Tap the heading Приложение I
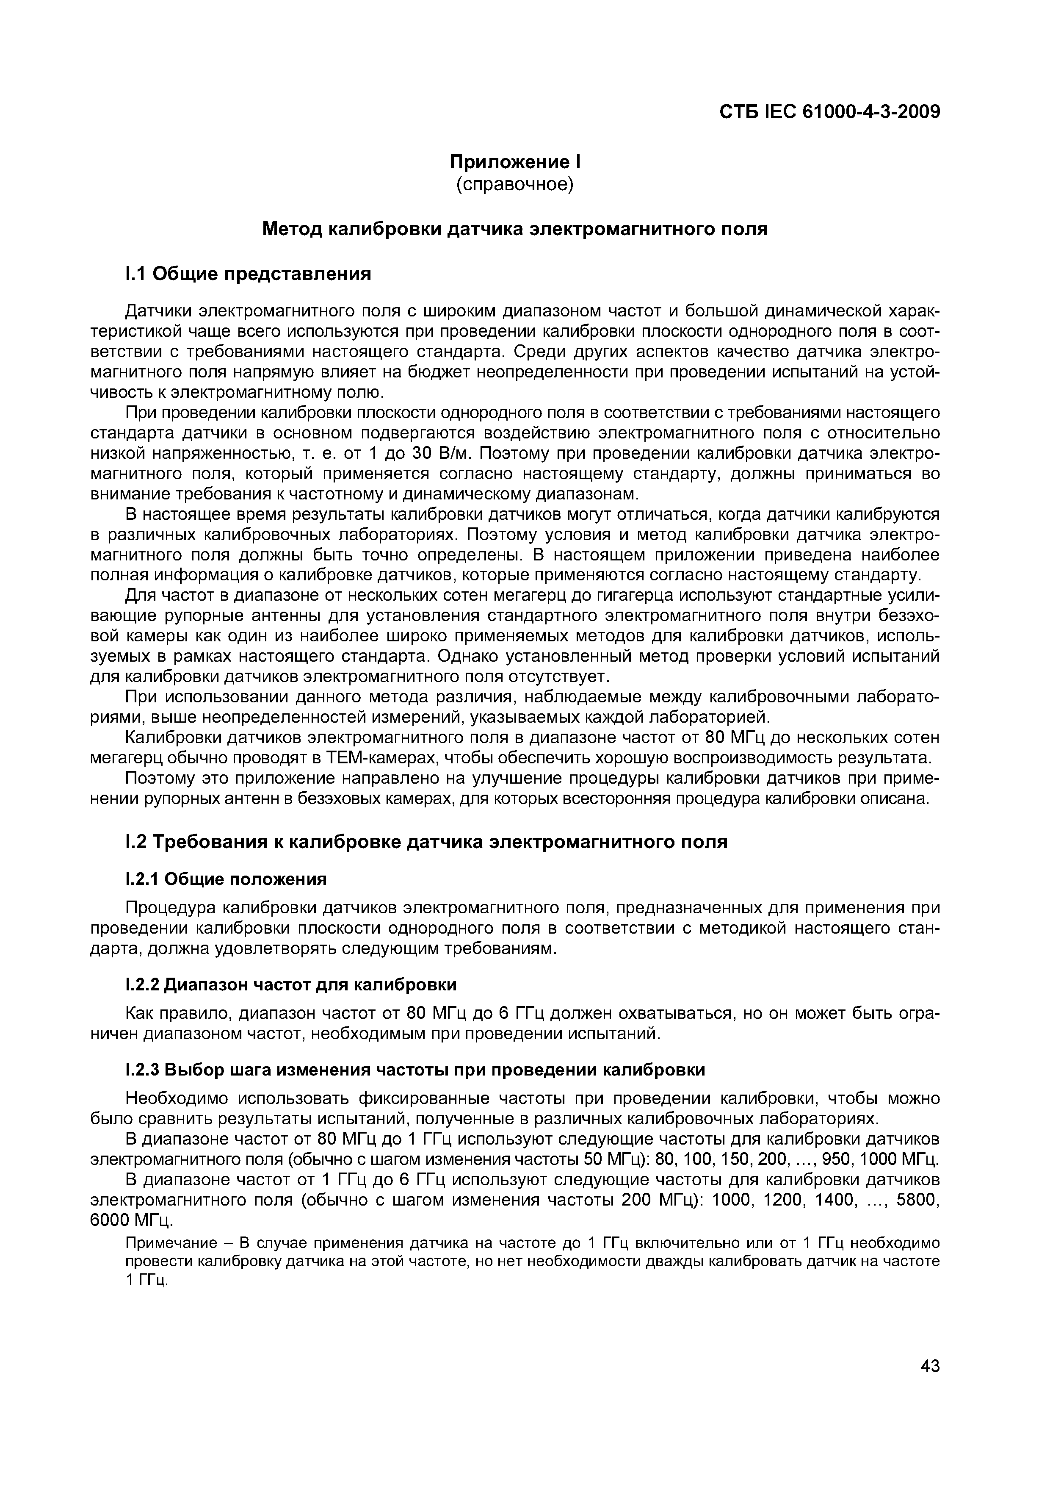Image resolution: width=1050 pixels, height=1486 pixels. point(515,161)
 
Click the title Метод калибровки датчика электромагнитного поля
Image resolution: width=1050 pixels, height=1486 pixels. point(515,229)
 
